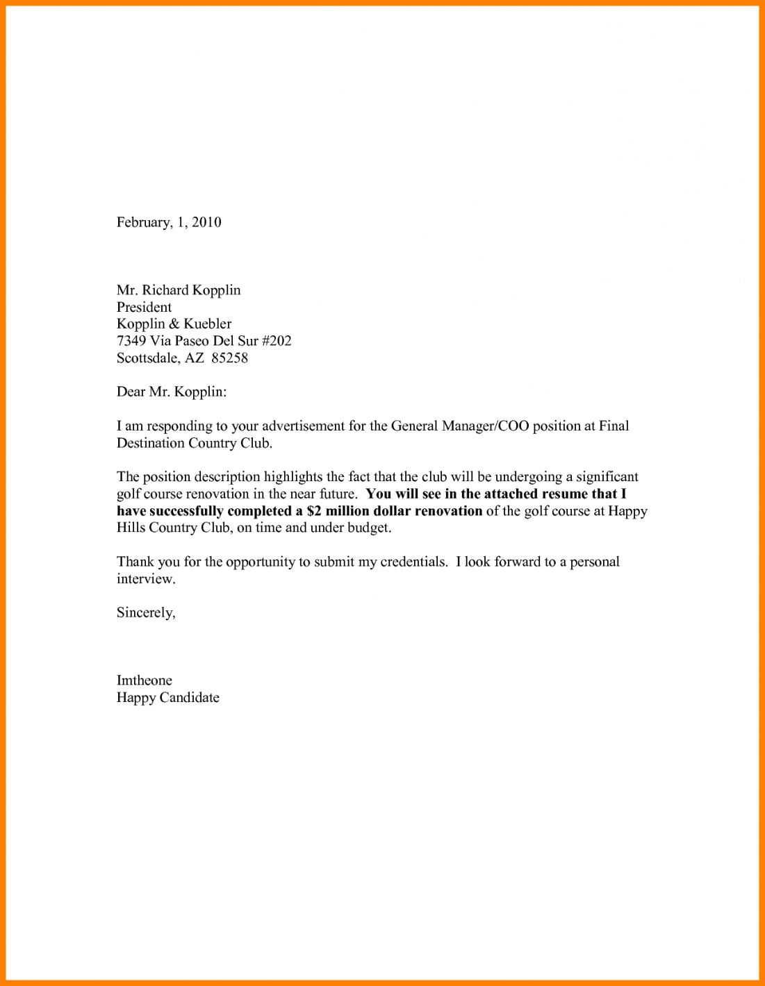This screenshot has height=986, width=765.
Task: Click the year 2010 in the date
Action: (x=206, y=222)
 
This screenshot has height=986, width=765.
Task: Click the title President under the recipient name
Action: (x=144, y=307)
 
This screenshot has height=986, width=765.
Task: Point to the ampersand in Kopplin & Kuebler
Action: (x=174, y=324)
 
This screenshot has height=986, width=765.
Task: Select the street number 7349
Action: (x=131, y=341)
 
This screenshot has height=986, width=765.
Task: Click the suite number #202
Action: (x=277, y=341)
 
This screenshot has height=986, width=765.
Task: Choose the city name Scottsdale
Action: (x=149, y=358)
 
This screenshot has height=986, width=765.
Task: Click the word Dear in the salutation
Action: (x=131, y=392)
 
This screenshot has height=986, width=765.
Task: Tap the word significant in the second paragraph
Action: (x=607, y=477)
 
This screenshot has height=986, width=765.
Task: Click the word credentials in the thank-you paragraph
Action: (x=413, y=562)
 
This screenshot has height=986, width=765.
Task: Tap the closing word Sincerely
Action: (x=145, y=612)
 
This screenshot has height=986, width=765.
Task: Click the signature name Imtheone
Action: (x=144, y=680)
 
